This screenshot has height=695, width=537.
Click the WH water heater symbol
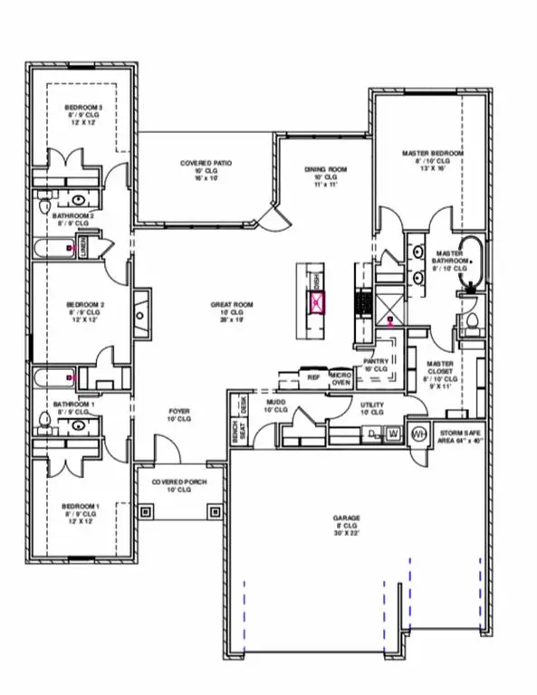[418, 433]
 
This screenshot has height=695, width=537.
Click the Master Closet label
[438, 372]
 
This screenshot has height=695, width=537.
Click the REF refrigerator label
[314, 376]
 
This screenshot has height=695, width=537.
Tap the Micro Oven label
[340, 377]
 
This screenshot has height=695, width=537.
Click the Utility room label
[372, 408]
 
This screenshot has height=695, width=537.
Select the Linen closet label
[83, 248]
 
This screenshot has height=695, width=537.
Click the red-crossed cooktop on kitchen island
[316, 304]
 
